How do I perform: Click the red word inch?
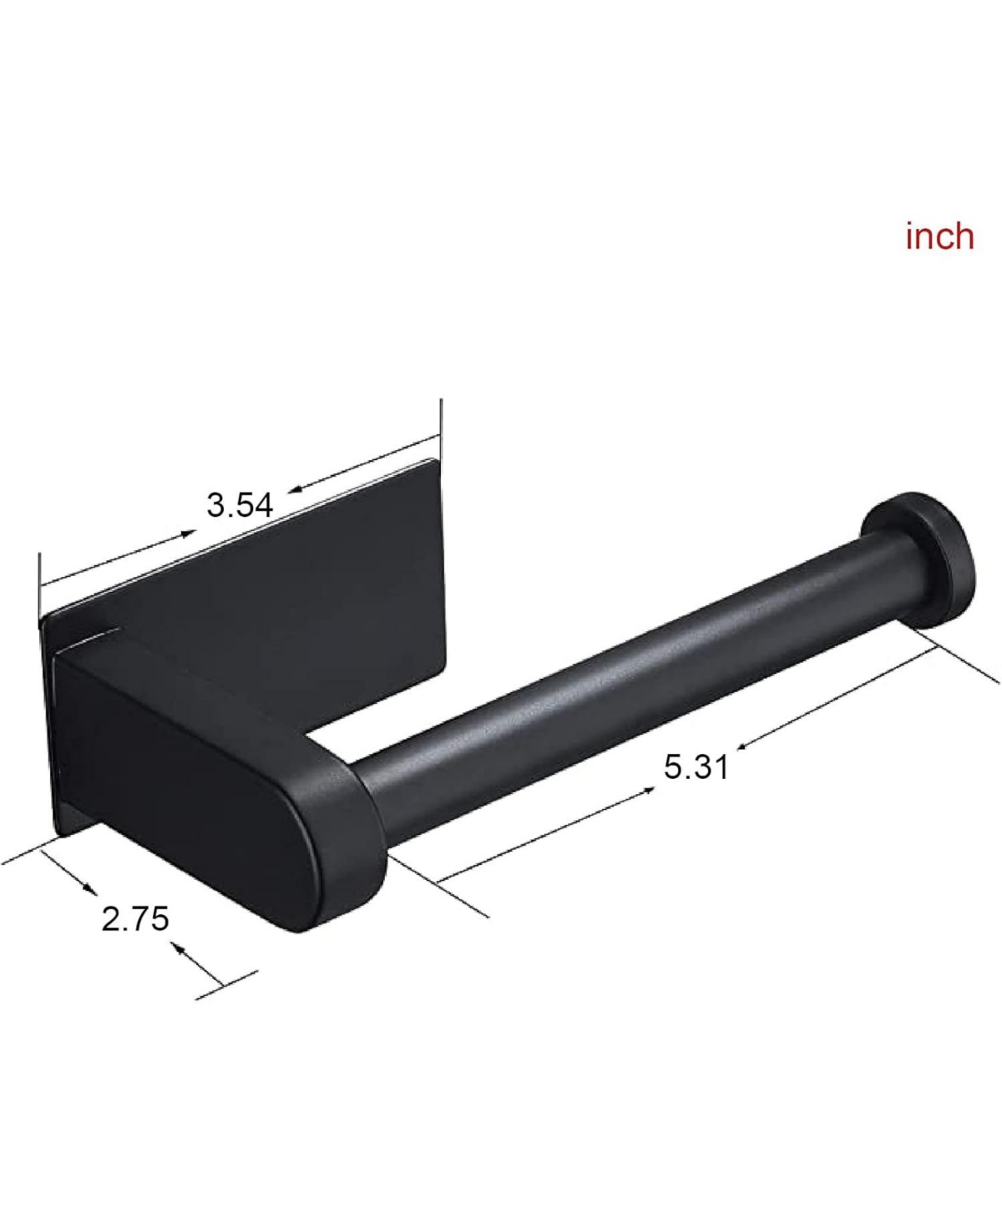coord(939,236)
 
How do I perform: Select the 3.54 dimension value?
coord(240,505)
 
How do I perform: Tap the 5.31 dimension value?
coord(696,766)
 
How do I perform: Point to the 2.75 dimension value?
coord(135,918)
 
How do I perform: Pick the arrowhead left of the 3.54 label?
coord(188,534)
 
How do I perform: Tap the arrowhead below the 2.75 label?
coord(178,948)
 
